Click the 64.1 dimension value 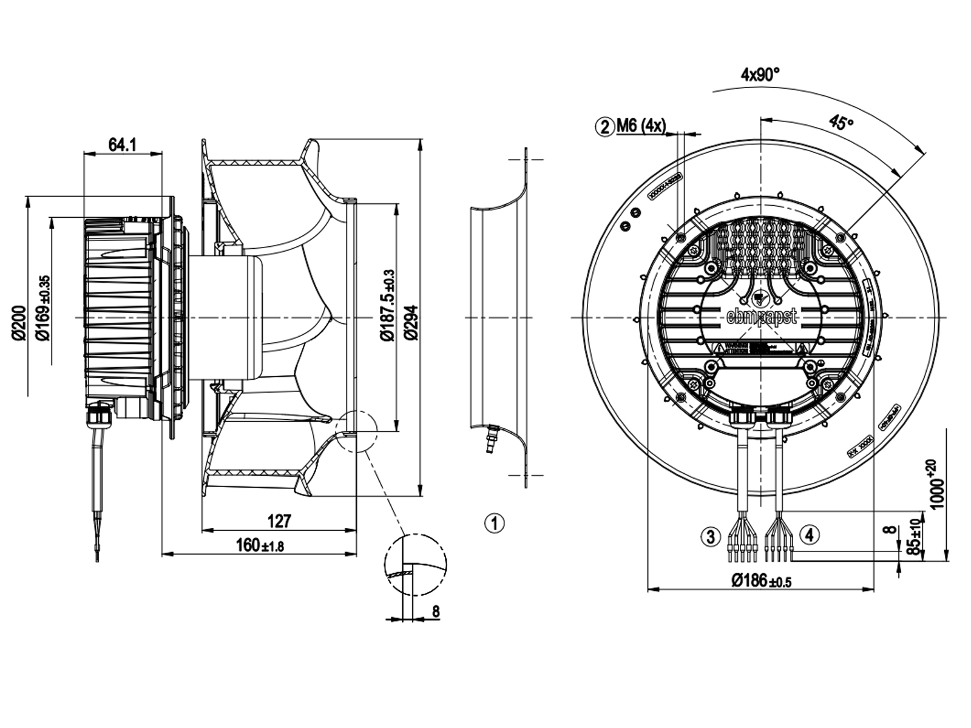(x=122, y=145)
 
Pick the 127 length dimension (x=279, y=521)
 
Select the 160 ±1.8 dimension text (x=259, y=545)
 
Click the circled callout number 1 (x=495, y=523)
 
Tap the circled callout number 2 (x=604, y=127)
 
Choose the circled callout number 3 (x=711, y=536)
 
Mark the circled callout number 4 (x=810, y=534)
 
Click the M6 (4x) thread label (x=641, y=126)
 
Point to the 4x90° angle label (x=759, y=75)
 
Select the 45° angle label (x=841, y=123)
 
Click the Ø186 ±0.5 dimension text (x=761, y=581)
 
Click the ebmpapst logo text (x=762, y=316)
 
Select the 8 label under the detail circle (x=435, y=612)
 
